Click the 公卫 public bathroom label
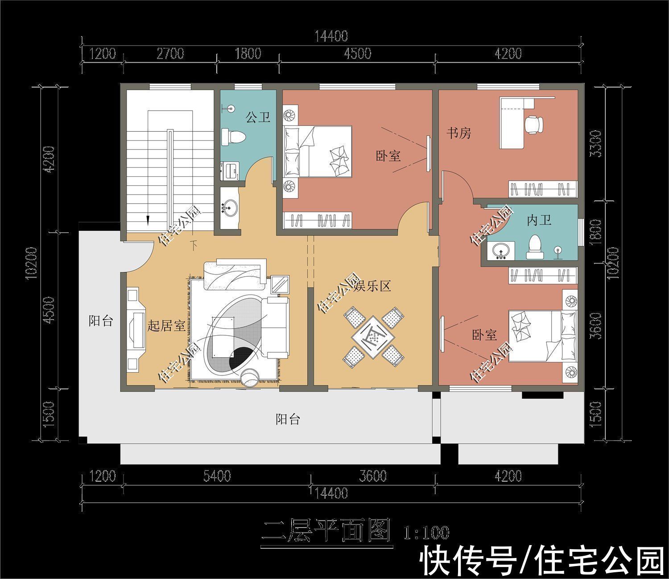(x=258, y=117)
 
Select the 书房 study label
(x=459, y=133)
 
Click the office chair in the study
(x=534, y=124)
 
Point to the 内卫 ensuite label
(x=539, y=220)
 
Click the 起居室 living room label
(x=166, y=326)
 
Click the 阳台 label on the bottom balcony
(x=288, y=420)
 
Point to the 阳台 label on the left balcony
(x=101, y=321)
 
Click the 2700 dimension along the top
(x=170, y=54)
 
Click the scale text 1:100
(x=426, y=532)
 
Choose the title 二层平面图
(x=326, y=531)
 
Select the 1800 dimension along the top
(x=248, y=54)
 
